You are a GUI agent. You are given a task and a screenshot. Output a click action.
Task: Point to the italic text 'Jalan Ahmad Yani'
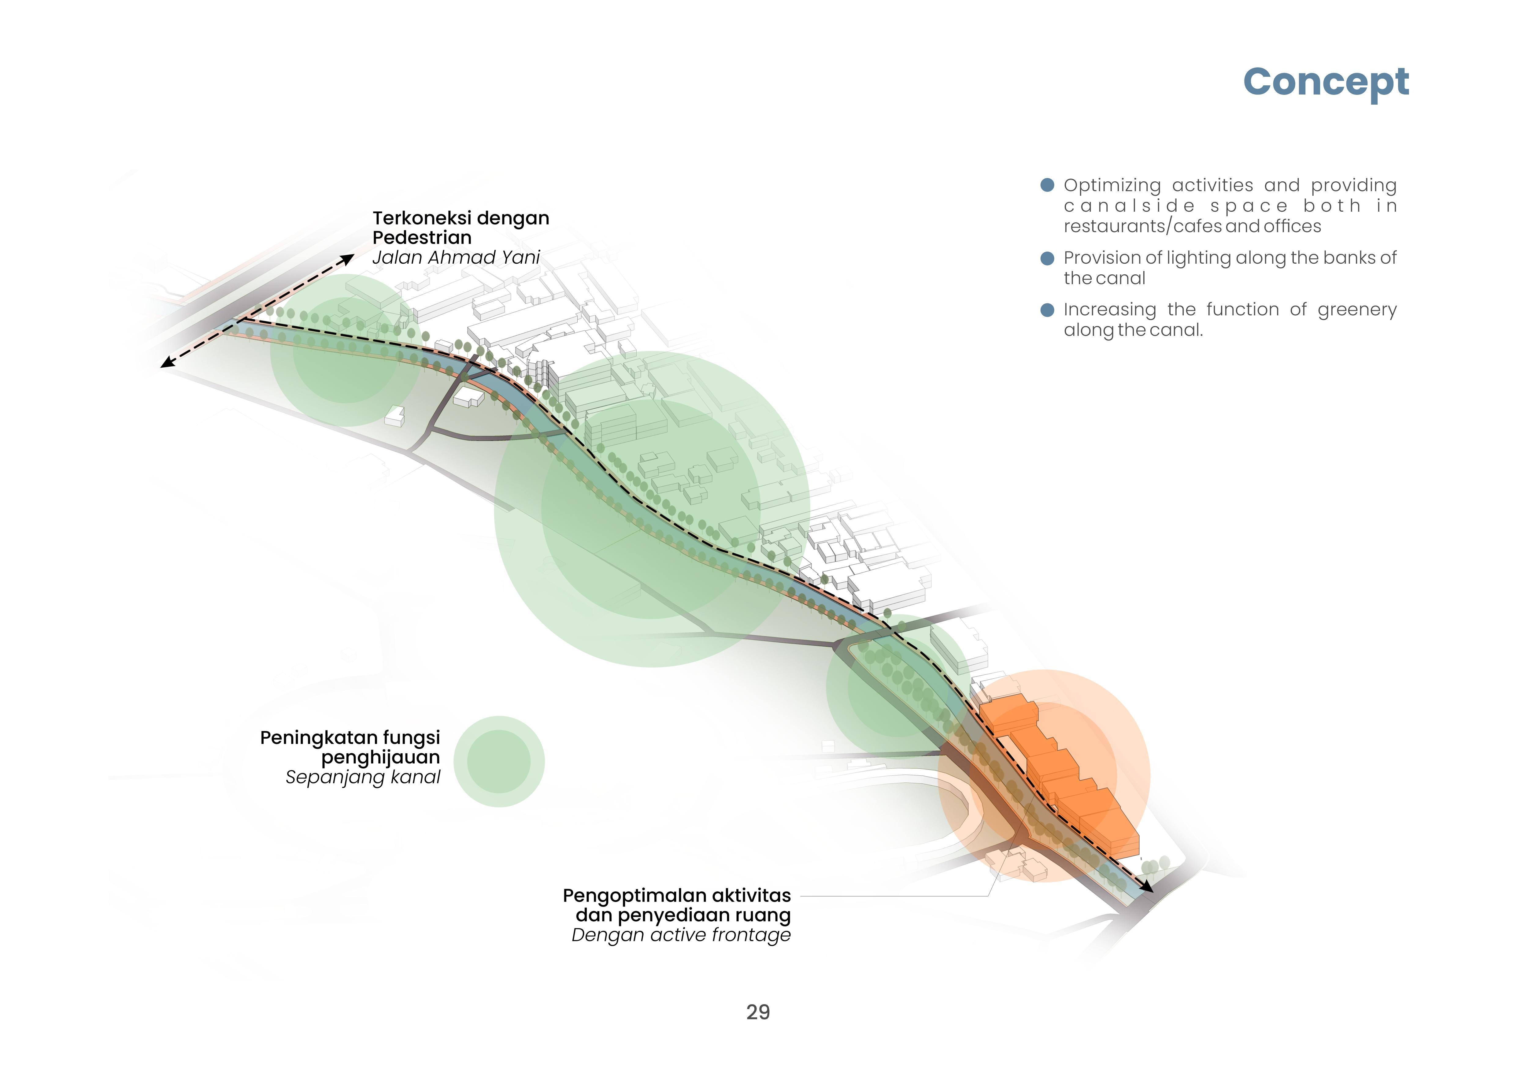(x=456, y=257)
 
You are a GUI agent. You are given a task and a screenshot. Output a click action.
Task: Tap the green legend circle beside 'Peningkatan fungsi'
(x=499, y=761)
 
